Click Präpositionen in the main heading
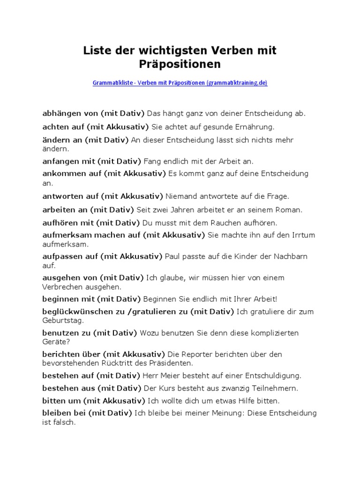[180, 63]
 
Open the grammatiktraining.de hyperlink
[180, 83]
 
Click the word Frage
[278, 196]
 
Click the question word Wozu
[149, 333]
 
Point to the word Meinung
[225, 413]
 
